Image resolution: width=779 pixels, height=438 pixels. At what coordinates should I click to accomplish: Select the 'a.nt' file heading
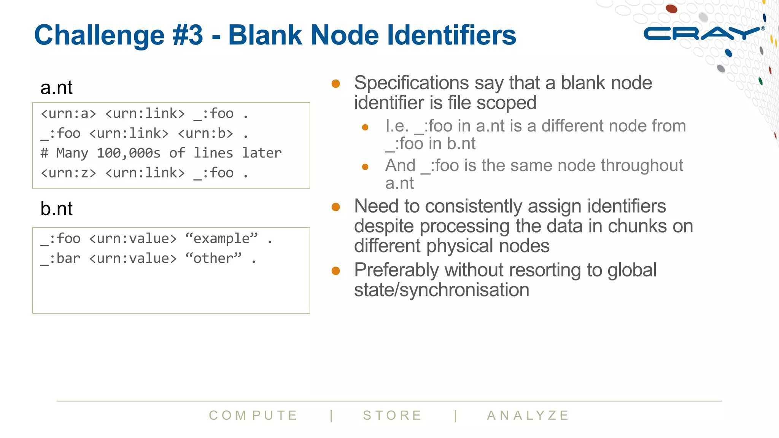coord(56,88)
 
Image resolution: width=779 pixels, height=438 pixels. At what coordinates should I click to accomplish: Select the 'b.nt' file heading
coord(56,209)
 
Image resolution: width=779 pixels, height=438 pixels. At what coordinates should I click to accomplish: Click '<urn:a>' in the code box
coord(68,114)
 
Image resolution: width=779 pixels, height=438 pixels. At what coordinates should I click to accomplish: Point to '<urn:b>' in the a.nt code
coord(205,133)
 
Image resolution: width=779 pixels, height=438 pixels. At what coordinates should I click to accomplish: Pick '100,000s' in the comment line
coord(129,153)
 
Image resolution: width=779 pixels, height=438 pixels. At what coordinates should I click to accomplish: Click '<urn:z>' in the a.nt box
coord(68,173)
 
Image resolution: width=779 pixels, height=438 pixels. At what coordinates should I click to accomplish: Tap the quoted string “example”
coord(221,239)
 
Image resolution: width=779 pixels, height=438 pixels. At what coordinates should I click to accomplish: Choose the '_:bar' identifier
coord(61,259)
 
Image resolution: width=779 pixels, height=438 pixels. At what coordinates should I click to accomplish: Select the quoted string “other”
coord(213,259)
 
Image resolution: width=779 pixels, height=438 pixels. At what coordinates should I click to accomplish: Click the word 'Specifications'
coord(412,83)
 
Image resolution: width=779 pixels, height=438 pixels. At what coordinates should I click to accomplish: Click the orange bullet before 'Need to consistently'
coord(335,207)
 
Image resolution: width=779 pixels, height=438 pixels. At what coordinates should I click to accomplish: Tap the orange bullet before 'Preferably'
coord(335,271)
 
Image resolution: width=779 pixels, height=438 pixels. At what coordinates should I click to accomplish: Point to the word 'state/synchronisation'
coord(442,290)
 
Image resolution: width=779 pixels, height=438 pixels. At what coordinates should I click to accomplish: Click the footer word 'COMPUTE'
coord(253,415)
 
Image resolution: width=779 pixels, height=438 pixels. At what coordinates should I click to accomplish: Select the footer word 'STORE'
coord(393,415)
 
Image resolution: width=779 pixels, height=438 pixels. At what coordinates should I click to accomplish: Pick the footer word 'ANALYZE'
coord(528,415)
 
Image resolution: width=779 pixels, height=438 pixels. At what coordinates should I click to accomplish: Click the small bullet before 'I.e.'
coord(365,127)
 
